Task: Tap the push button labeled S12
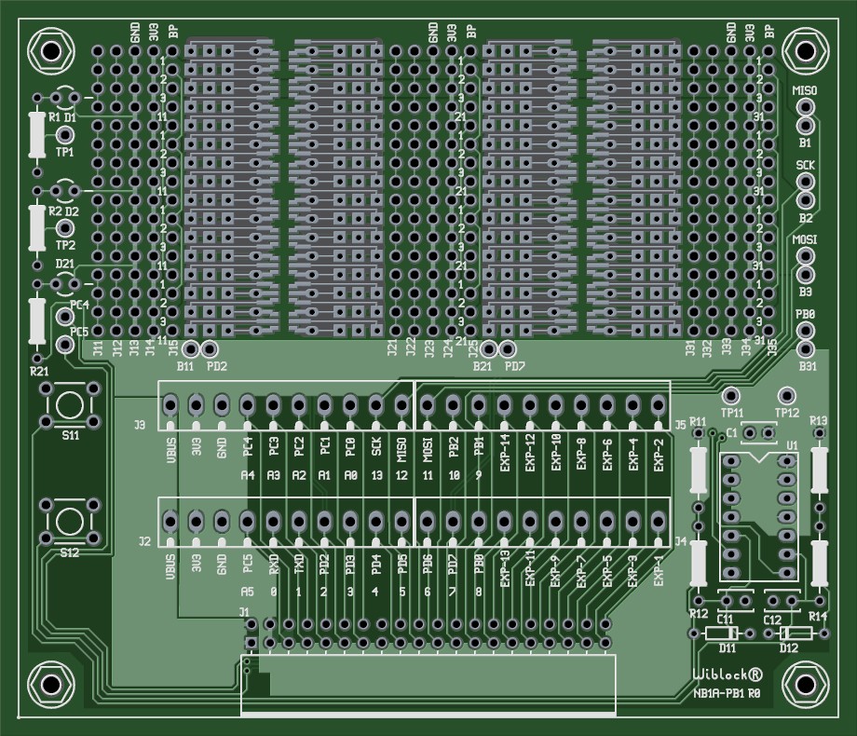[x=67, y=520]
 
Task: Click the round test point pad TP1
[x=65, y=135]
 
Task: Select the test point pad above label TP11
[x=732, y=395]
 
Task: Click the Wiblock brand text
[x=728, y=675]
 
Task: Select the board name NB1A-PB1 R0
[x=728, y=693]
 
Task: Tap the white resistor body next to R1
[x=37, y=135]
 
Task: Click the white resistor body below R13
[x=820, y=470]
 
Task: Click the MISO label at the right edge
[x=804, y=90]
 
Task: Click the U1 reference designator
[x=791, y=445]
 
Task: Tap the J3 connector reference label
[x=141, y=425]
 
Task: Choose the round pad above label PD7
[x=508, y=349]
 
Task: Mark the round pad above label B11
[x=190, y=349]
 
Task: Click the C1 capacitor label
[x=731, y=432]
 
